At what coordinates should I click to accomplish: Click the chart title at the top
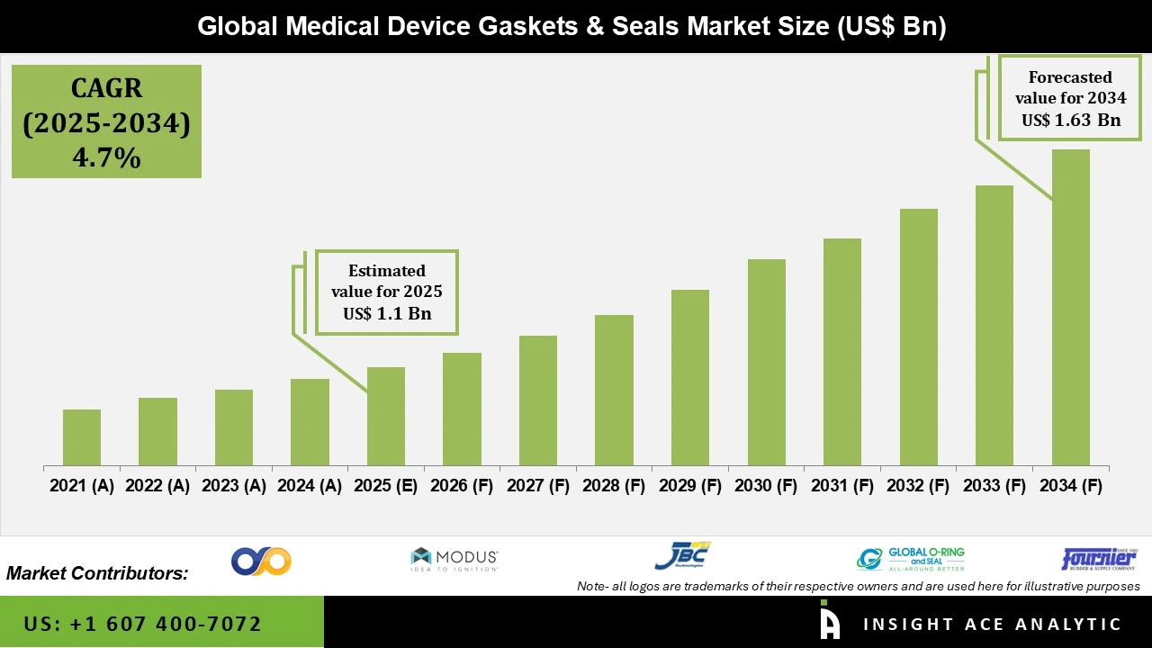tap(571, 26)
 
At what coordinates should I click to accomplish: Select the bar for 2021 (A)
tap(82, 437)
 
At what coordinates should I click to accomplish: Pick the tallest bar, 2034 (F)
tap(1070, 307)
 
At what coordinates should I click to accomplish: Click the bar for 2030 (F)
tap(766, 362)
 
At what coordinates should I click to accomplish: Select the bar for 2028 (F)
tap(614, 390)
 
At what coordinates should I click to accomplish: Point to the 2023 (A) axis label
tap(233, 486)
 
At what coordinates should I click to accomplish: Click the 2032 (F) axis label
tap(918, 486)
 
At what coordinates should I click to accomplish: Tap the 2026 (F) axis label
tap(462, 486)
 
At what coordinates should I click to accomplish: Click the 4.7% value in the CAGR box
tap(106, 157)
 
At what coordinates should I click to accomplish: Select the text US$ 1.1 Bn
tap(387, 314)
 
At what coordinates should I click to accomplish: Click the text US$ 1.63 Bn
tap(1070, 120)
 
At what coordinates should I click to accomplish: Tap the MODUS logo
tap(454, 559)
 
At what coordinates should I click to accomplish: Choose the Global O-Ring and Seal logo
tap(911, 559)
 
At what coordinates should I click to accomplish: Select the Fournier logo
tap(1099, 559)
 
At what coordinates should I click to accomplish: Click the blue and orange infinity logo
tap(261, 561)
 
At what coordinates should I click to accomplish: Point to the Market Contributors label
tap(97, 572)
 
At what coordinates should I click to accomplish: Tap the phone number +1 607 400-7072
tap(143, 624)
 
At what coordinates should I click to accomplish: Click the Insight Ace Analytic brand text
tap(992, 624)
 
